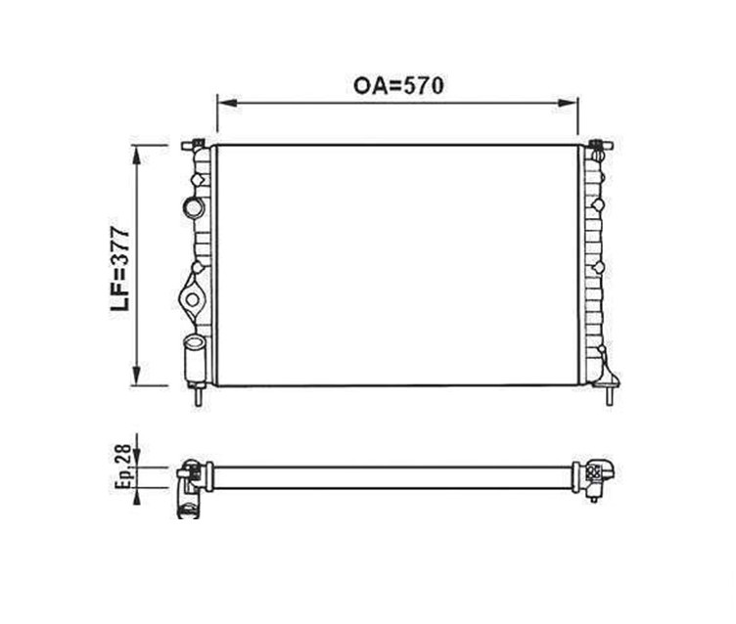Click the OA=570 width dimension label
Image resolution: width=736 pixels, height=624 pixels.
398,86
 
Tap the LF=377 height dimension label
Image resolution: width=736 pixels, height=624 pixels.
120,269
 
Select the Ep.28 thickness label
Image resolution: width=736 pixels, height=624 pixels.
123,467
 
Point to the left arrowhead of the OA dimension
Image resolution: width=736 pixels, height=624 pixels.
229,103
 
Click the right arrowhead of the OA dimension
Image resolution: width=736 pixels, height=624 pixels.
566,103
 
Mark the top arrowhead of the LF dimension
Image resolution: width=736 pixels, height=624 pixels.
137,156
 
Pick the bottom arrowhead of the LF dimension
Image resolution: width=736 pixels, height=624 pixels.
137,376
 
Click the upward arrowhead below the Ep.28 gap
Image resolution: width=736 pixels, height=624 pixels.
137,497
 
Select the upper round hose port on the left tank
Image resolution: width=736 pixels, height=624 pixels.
193,208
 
